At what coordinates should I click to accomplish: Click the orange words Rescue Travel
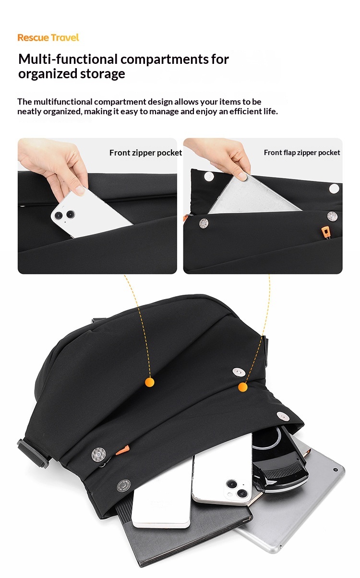click(x=48, y=37)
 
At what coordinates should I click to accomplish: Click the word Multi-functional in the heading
click(x=68, y=59)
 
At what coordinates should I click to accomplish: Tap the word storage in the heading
click(x=102, y=73)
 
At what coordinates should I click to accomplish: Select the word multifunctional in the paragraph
click(x=63, y=102)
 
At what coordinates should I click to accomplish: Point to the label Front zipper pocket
click(x=146, y=153)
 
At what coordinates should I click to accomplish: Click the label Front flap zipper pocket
click(x=302, y=153)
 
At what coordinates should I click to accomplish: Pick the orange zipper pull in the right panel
click(x=325, y=231)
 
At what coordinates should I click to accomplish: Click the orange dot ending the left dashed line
click(x=150, y=382)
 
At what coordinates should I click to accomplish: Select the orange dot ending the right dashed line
click(x=242, y=387)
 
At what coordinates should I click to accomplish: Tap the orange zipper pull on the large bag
click(x=122, y=450)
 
